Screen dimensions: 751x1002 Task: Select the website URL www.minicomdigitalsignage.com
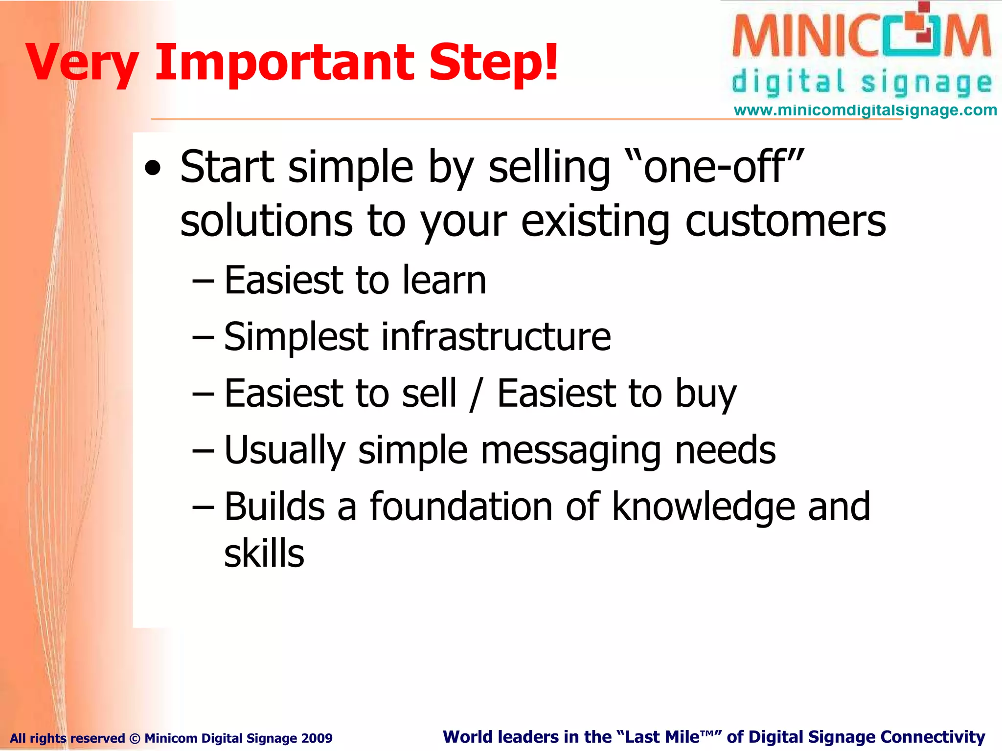865,110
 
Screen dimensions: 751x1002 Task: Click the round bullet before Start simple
153,169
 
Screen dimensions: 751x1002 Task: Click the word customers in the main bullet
785,221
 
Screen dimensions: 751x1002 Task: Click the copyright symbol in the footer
135,738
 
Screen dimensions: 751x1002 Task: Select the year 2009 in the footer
317,738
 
